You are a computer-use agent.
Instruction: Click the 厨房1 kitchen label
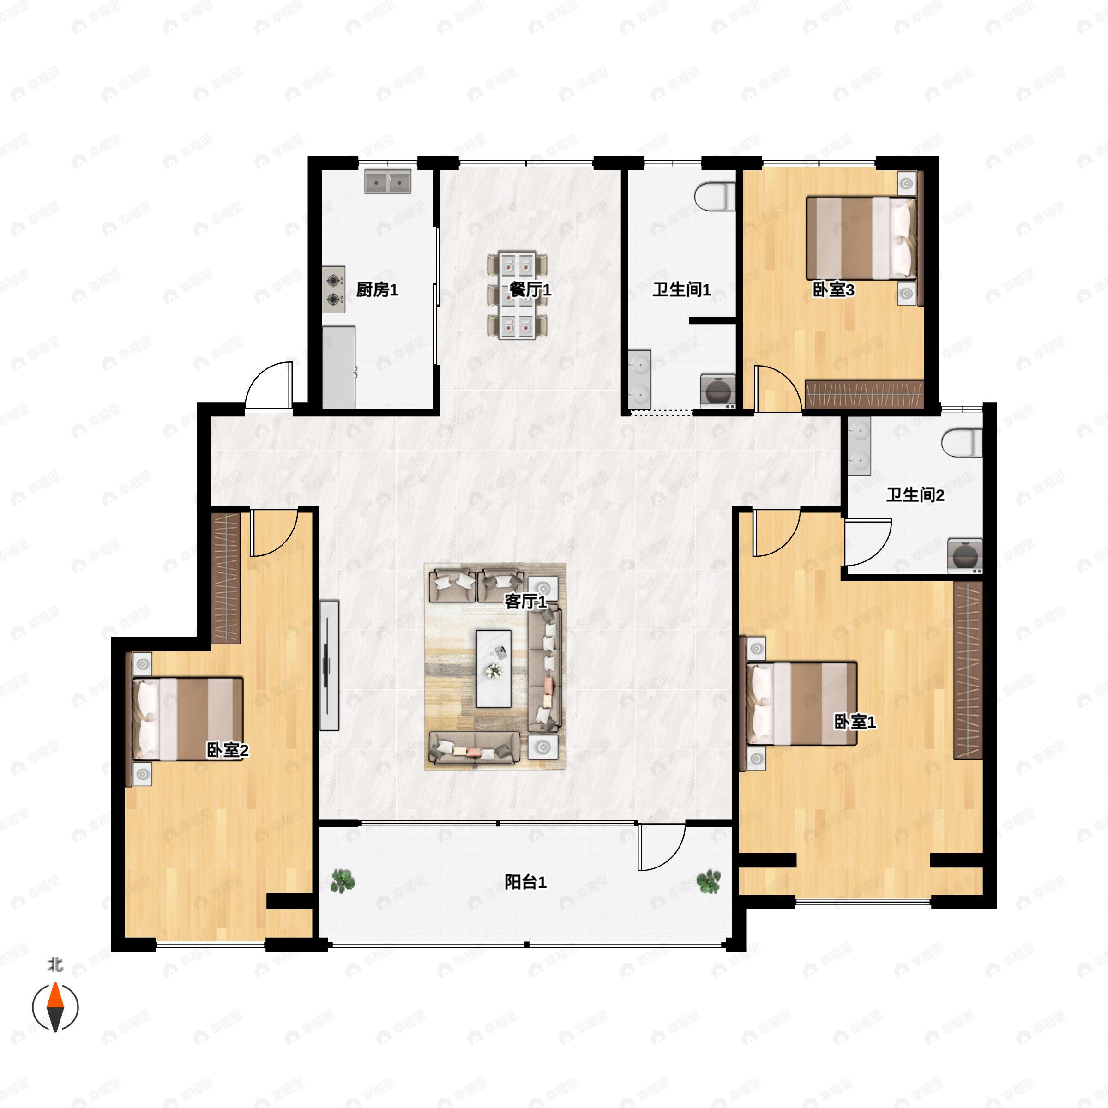click(x=377, y=289)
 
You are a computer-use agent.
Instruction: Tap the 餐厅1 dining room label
click(x=530, y=289)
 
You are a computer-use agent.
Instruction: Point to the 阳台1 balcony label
click(x=525, y=882)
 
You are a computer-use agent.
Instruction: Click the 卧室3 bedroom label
click(x=833, y=289)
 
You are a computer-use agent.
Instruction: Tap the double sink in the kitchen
click(x=388, y=181)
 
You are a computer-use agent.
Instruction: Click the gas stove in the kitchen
click(x=334, y=289)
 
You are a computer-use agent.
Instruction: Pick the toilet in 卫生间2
click(x=962, y=443)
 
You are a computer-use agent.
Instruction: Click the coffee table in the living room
click(x=494, y=668)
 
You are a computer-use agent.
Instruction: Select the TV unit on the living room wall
click(x=329, y=665)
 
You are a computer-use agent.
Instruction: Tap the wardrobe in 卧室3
click(x=864, y=394)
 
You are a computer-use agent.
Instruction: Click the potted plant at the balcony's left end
click(x=343, y=881)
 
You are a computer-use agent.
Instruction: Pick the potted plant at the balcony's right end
click(x=709, y=881)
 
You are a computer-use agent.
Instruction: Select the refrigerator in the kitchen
click(x=338, y=367)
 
